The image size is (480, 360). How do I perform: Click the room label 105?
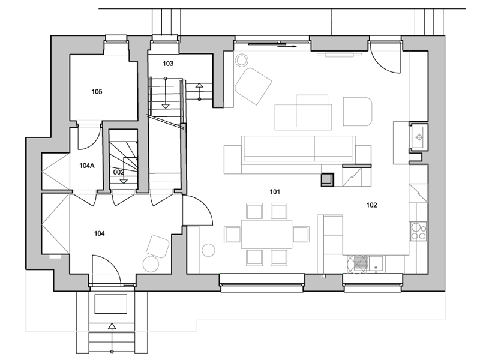click(97, 92)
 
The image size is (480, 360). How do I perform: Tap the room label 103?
click(168, 64)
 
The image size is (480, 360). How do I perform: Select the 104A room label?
click(87, 166)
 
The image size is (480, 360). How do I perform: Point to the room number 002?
click(118, 172)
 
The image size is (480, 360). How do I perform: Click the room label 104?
click(99, 233)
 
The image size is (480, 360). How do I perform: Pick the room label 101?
click(275, 191)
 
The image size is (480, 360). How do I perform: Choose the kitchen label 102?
click(371, 205)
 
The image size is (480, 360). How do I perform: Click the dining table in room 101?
click(266, 234)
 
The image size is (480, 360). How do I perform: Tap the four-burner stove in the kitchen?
click(418, 231)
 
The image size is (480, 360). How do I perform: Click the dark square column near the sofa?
click(327, 179)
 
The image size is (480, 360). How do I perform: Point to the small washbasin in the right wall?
click(419, 137)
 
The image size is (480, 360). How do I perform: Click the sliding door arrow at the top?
click(287, 47)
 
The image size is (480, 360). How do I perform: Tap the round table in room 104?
click(151, 263)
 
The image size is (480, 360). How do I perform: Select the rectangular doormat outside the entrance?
click(111, 304)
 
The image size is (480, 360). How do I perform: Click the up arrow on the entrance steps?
click(112, 338)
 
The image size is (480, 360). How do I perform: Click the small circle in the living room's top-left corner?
click(242, 60)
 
